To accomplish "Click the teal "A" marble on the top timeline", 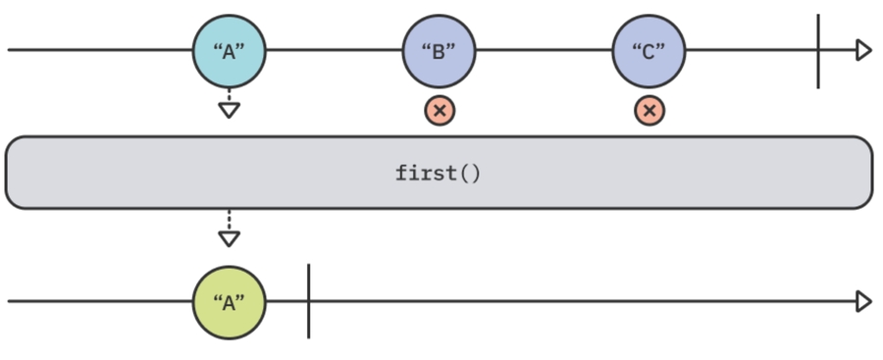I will pyautogui.click(x=229, y=51).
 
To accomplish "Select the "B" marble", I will pyautogui.click(x=439, y=51).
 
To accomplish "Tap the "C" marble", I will pyautogui.click(x=649, y=51).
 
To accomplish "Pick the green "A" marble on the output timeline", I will pyautogui.click(x=229, y=302).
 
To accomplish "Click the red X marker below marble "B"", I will pyautogui.click(x=440, y=110).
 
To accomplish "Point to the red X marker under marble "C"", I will pyautogui.click(x=649, y=110).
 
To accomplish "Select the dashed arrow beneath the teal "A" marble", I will pyautogui.click(x=229, y=104).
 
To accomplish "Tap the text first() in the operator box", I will pyautogui.click(x=439, y=174).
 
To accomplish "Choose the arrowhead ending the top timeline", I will pyautogui.click(x=863, y=50).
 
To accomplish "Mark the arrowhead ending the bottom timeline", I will pyautogui.click(x=863, y=301).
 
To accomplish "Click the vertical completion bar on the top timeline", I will pyautogui.click(x=818, y=51).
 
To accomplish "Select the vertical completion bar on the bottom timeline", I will pyautogui.click(x=308, y=301).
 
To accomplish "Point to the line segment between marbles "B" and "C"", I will pyautogui.click(x=544, y=50).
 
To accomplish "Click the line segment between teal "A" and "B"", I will pyautogui.click(x=334, y=50).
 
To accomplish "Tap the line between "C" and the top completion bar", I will pyautogui.click(x=752, y=50).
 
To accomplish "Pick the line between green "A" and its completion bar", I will pyautogui.click(x=286, y=301).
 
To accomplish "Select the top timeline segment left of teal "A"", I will pyautogui.click(x=98, y=50).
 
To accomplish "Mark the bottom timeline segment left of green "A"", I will pyautogui.click(x=98, y=301).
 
